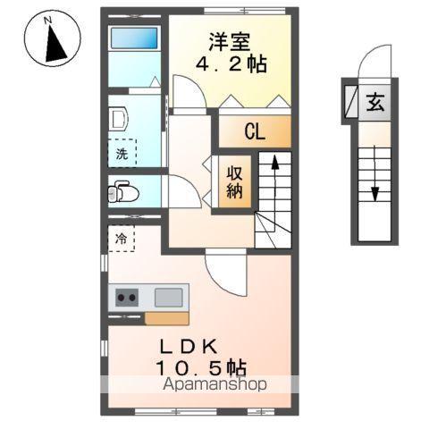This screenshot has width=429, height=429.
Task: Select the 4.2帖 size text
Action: pyautogui.click(x=233, y=65)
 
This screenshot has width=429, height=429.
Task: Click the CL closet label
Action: pyautogui.click(x=255, y=132)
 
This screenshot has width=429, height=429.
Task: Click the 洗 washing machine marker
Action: pyautogui.click(x=122, y=154)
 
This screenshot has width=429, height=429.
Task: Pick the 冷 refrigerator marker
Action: pyautogui.click(x=122, y=239)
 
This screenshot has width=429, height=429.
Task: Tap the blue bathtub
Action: pyautogui.click(x=133, y=39)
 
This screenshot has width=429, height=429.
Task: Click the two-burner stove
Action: pyautogui.click(x=126, y=298)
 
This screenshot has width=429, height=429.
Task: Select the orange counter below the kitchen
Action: pyautogui.click(x=166, y=317)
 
